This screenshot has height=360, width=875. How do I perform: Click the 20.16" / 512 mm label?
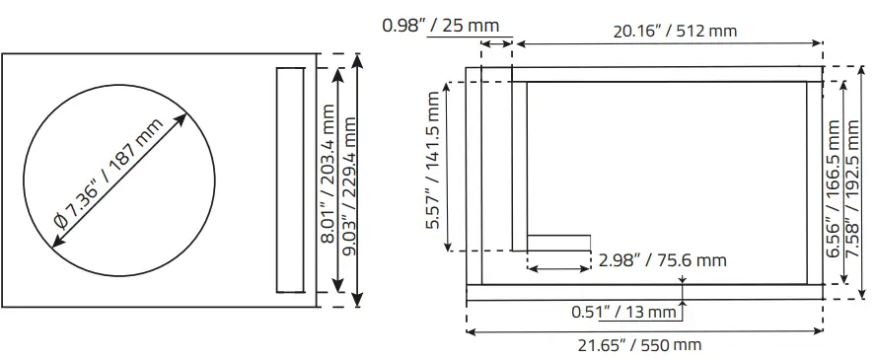pyautogui.click(x=674, y=31)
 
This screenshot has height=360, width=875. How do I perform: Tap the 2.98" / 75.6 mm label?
pyautogui.click(x=663, y=260)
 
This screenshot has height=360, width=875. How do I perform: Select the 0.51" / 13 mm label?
pyautogui.click(x=624, y=313)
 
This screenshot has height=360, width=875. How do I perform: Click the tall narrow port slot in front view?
pyautogui.click(x=291, y=180)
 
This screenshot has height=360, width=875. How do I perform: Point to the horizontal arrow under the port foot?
pyautogui.click(x=559, y=267)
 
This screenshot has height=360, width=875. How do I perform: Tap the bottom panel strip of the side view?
pyautogui.click(x=643, y=292)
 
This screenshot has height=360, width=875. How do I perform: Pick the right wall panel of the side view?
pyautogui.click(x=814, y=182)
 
